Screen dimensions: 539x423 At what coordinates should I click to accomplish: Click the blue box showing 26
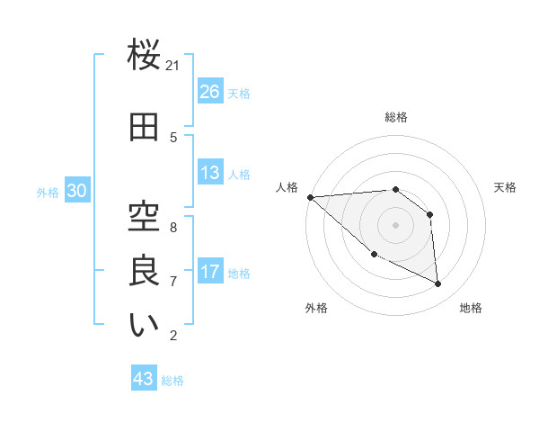pos(210,92)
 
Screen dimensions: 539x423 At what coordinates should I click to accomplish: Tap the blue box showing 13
pos(210,173)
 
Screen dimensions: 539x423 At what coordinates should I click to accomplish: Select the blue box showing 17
pos(210,272)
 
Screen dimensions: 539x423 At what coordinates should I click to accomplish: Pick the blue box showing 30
pos(76,192)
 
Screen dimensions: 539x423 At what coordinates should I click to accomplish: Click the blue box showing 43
pos(144,379)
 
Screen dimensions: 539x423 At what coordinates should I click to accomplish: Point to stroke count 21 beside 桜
pos(173,66)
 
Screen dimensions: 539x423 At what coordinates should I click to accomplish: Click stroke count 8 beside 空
pos(173,227)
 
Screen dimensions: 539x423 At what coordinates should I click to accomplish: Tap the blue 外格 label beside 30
pos(48,193)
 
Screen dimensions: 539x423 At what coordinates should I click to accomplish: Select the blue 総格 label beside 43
pos(172,380)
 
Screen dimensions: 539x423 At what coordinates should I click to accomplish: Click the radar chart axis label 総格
pos(395,117)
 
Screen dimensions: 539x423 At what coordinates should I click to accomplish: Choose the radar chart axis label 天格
pos(505,187)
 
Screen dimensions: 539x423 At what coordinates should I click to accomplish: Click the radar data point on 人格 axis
pos(310,196)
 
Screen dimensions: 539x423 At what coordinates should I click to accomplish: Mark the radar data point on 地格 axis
pos(438,283)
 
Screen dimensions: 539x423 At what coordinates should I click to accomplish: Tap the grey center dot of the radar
pos(395,224)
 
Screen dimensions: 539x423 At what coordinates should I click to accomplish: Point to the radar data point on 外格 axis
pos(374,254)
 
